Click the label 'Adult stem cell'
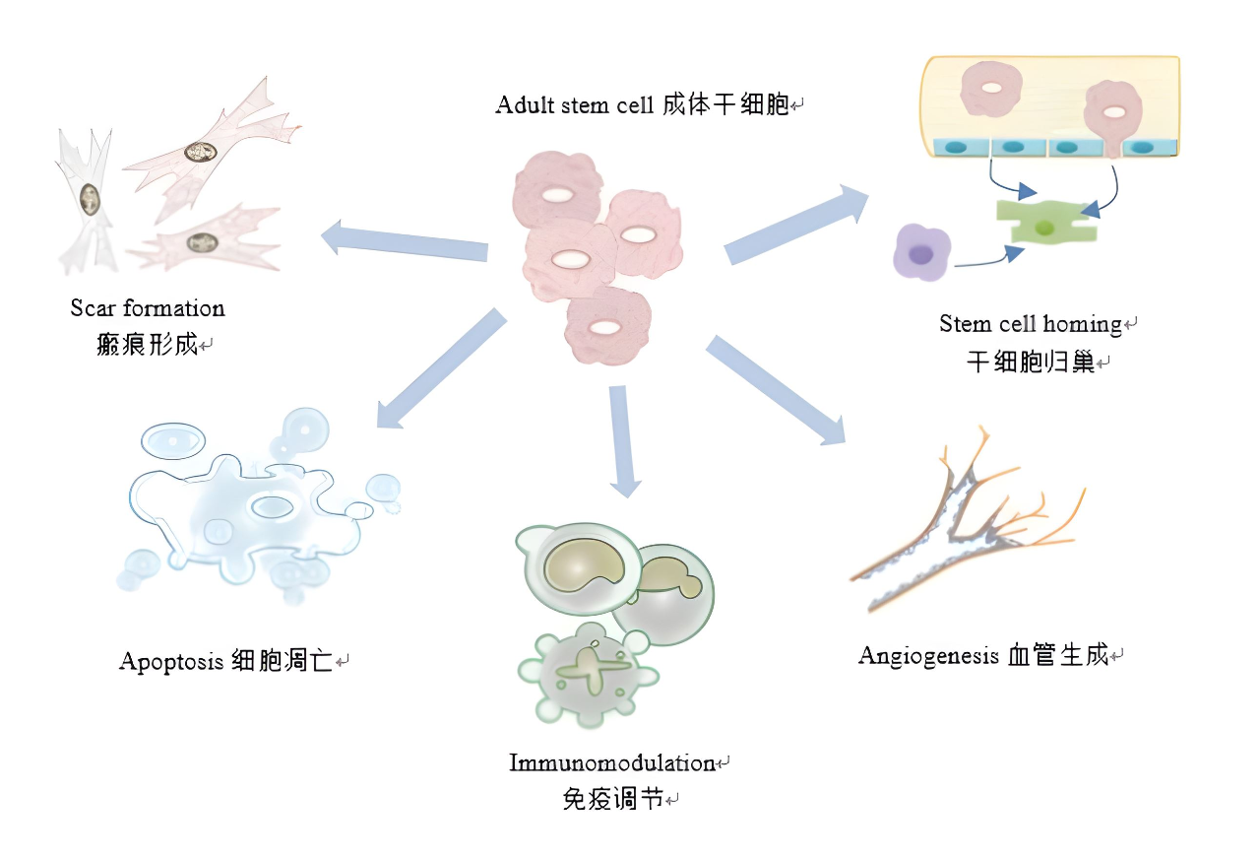(x=574, y=104)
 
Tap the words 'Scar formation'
(x=148, y=308)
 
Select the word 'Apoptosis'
(x=172, y=660)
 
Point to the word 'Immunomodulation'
(x=611, y=762)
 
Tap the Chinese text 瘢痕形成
(x=148, y=345)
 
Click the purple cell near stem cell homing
(x=921, y=253)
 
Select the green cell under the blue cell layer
(x=1044, y=223)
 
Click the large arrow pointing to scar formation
(x=405, y=242)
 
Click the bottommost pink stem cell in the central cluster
(x=607, y=326)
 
